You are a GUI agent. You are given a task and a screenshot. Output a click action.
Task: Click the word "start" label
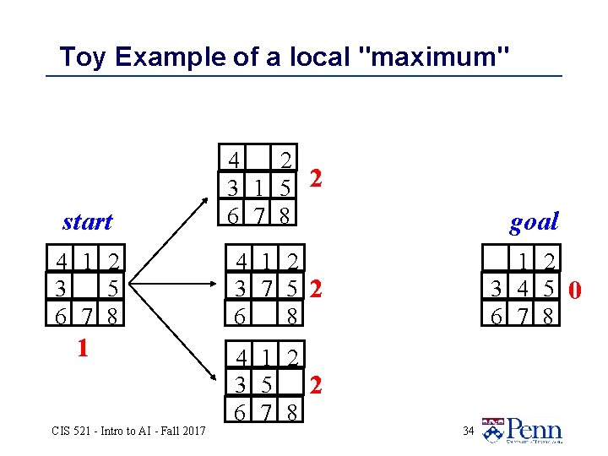(87, 222)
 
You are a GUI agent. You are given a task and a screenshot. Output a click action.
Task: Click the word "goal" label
(534, 222)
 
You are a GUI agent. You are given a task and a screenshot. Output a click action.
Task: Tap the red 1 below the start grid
(82, 348)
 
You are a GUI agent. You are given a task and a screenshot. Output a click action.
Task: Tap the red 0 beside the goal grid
(575, 291)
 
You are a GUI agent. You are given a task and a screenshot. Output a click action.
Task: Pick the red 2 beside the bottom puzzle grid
(315, 386)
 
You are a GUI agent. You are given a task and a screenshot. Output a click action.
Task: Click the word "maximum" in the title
(434, 57)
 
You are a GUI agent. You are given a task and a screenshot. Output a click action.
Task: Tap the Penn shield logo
(492, 430)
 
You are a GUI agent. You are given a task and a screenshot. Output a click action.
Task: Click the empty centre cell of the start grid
(86, 290)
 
